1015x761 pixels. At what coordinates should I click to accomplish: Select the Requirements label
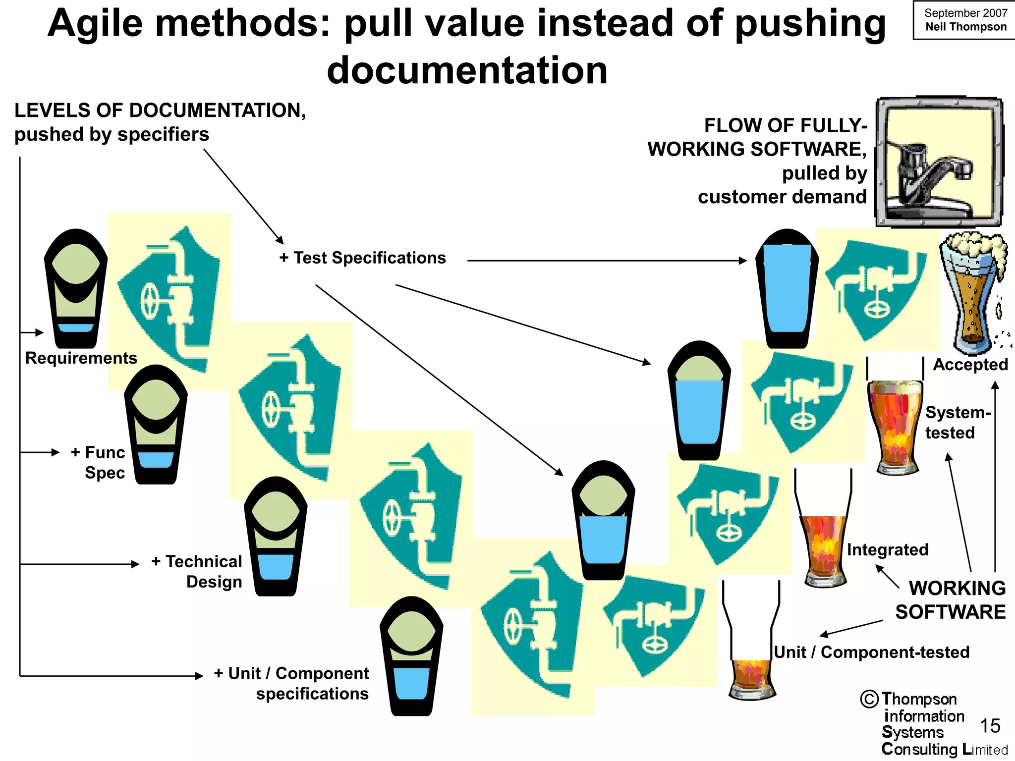pyautogui.click(x=81, y=358)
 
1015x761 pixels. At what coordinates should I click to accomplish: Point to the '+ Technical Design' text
pyautogui.click(x=197, y=571)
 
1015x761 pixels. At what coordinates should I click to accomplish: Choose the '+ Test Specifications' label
pyautogui.click(x=363, y=258)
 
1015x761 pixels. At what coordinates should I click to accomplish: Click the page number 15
pyautogui.click(x=990, y=726)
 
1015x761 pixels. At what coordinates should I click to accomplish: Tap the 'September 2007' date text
pyautogui.click(x=965, y=13)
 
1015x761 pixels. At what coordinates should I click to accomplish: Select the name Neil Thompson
pyautogui.click(x=965, y=27)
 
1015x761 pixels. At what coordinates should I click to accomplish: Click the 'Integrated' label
pyautogui.click(x=887, y=549)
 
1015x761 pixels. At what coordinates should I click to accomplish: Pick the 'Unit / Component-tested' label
pyautogui.click(x=871, y=652)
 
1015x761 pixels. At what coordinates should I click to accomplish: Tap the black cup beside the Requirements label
pyautogui.click(x=76, y=288)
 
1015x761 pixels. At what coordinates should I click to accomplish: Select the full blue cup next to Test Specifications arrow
pyautogui.click(x=787, y=288)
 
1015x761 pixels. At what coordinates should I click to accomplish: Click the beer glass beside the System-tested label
pyautogui.click(x=895, y=426)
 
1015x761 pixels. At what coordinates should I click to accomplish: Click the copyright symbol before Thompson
pyautogui.click(x=869, y=699)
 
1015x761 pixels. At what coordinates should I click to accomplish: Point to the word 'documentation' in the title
pyautogui.click(x=467, y=70)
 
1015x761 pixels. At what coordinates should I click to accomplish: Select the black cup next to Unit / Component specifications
pyautogui.click(x=411, y=656)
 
